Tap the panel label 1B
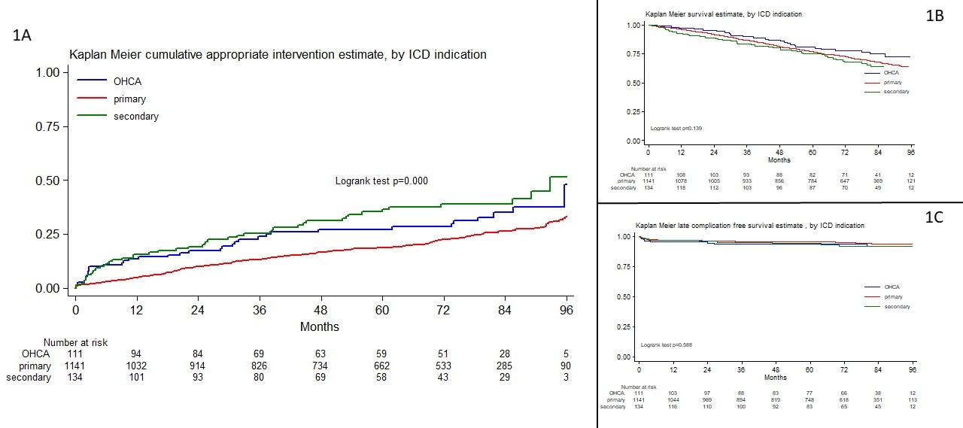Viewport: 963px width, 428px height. tap(934, 14)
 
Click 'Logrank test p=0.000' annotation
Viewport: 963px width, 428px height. tap(381, 181)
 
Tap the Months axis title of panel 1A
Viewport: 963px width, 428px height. tap(320, 326)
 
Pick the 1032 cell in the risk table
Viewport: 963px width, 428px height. tap(136, 366)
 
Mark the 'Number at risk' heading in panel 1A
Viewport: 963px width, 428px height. tap(75, 342)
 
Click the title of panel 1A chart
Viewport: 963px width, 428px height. tap(278, 54)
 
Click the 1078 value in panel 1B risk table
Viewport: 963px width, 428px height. tap(682, 181)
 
